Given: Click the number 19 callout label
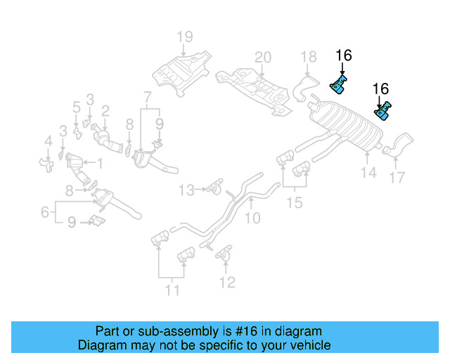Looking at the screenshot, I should tap(184, 37).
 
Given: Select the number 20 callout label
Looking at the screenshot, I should tap(262, 57).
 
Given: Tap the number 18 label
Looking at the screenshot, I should tap(309, 57).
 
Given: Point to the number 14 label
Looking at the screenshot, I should tap(368, 172).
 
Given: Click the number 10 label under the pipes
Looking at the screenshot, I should tap(252, 219).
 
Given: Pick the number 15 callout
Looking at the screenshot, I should tap(295, 202).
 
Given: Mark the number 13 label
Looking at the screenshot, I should tap(186, 189).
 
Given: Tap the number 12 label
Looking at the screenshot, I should tap(226, 283).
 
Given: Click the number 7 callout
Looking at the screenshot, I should tap(147, 96).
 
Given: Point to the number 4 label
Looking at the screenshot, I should tap(48, 142).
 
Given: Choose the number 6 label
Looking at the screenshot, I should tap(44, 211).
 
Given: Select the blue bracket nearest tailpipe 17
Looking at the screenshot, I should tap(383, 112).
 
